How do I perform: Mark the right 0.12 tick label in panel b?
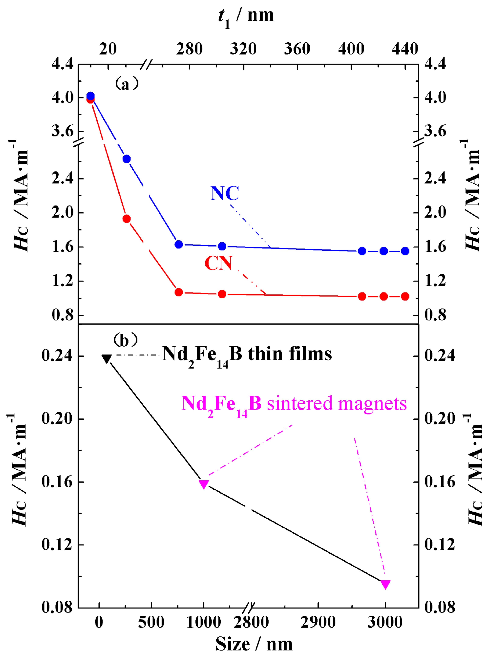tap(440, 545)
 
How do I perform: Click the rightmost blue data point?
tap(405, 251)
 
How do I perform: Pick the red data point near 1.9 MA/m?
tap(127, 219)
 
